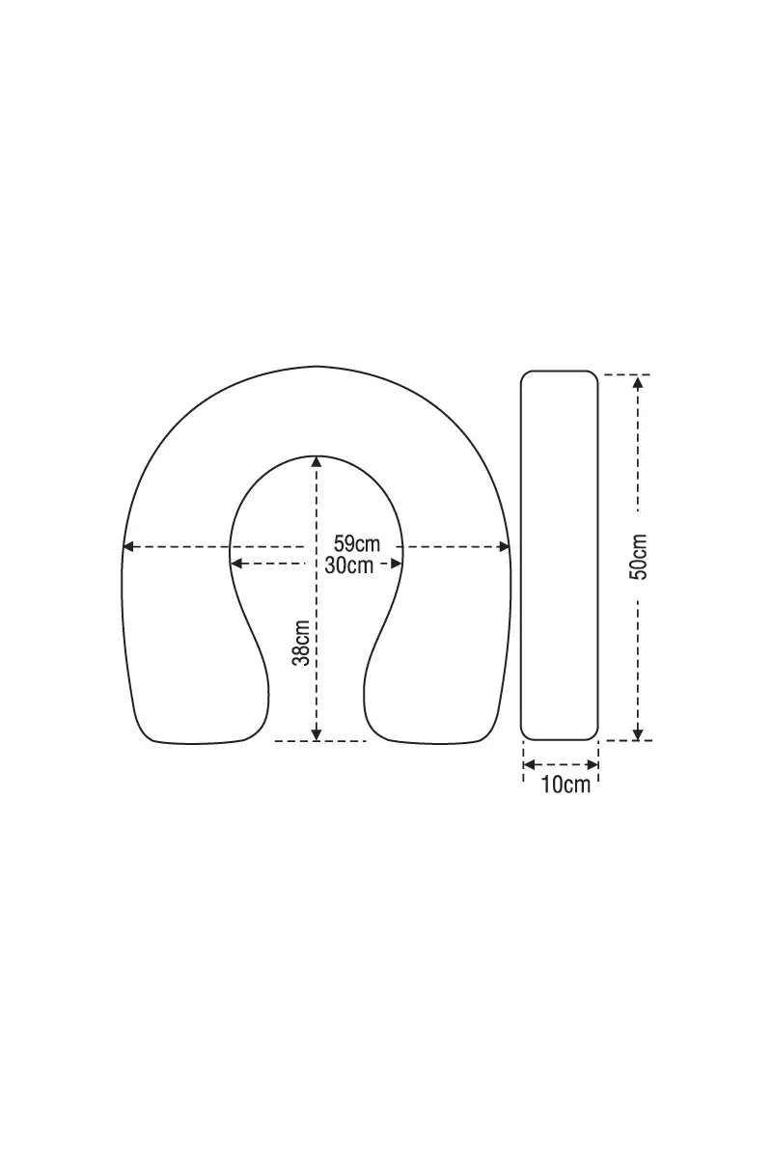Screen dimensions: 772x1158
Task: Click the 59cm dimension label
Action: pyautogui.click(x=356, y=544)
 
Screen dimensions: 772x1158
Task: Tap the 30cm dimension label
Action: pyautogui.click(x=349, y=565)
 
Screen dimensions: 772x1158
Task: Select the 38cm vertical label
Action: pyautogui.click(x=301, y=643)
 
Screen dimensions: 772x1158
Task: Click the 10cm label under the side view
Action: pyautogui.click(x=565, y=785)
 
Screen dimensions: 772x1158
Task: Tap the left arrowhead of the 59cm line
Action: pyautogui.click(x=128, y=546)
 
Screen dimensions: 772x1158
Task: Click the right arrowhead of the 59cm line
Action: pyautogui.click(x=504, y=546)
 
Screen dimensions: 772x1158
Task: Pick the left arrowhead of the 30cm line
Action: pyautogui.click(x=236, y=564)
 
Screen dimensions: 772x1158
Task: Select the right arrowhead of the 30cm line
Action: pyautogui.click(x=396, y=564)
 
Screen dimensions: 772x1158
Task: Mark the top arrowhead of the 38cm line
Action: pyautogui.click(x=317, y=461)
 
